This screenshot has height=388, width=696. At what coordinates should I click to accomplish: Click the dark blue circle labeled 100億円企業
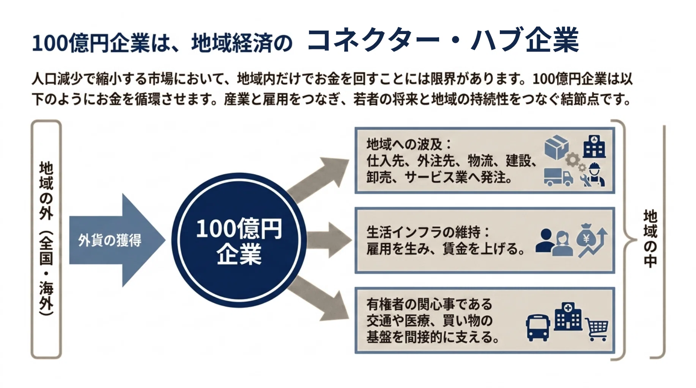[239, 240]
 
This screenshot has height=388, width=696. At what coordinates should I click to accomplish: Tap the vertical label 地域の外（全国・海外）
[46, 239]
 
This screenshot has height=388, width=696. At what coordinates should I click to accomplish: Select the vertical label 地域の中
[650, 239]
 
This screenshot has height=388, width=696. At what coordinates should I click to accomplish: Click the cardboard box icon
[556, 147]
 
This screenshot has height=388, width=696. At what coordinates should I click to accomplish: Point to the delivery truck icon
[558, 177]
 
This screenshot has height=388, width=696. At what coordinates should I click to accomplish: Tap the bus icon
[538, 327]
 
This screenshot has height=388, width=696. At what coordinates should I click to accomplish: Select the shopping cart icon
[597, 329]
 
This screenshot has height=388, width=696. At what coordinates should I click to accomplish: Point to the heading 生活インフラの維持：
[428, 232]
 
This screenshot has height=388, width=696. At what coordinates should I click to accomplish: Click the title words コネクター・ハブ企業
[443, 40]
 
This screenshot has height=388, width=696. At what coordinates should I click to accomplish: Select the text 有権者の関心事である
[429, 304]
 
